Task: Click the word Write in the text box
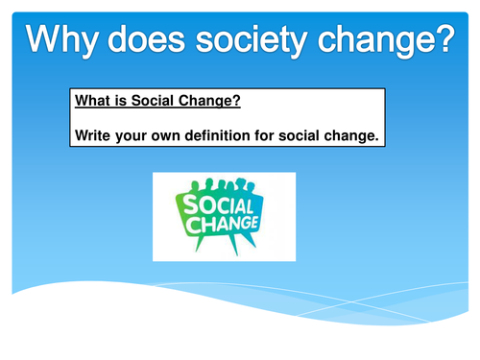pyautogui.click(x=94, y=135)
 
